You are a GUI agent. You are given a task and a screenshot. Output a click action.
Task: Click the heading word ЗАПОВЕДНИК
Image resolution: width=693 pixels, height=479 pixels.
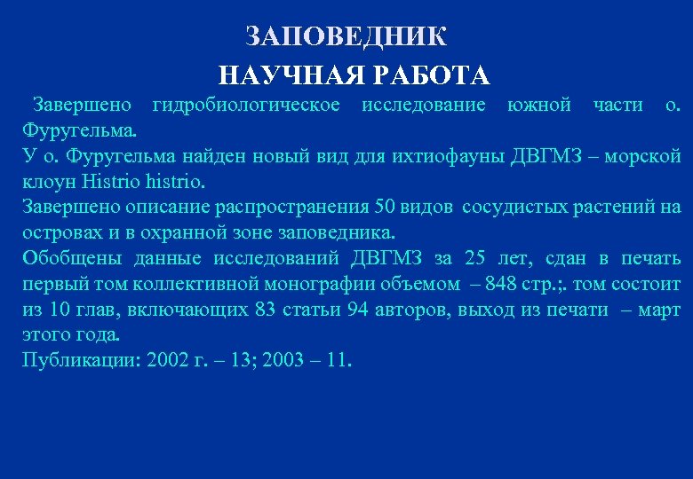click(x=346, y=36)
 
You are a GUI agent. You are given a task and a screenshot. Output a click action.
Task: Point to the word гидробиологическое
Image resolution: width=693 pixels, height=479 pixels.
click(x=246, y=106)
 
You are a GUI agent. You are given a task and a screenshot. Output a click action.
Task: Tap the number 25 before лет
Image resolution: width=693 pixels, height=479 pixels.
click(x=476, y=259)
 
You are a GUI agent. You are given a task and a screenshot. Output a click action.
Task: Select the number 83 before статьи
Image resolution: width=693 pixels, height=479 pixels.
click(x=265, y=310)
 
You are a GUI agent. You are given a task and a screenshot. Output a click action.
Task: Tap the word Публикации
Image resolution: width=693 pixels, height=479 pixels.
click(x=81, y=361)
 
